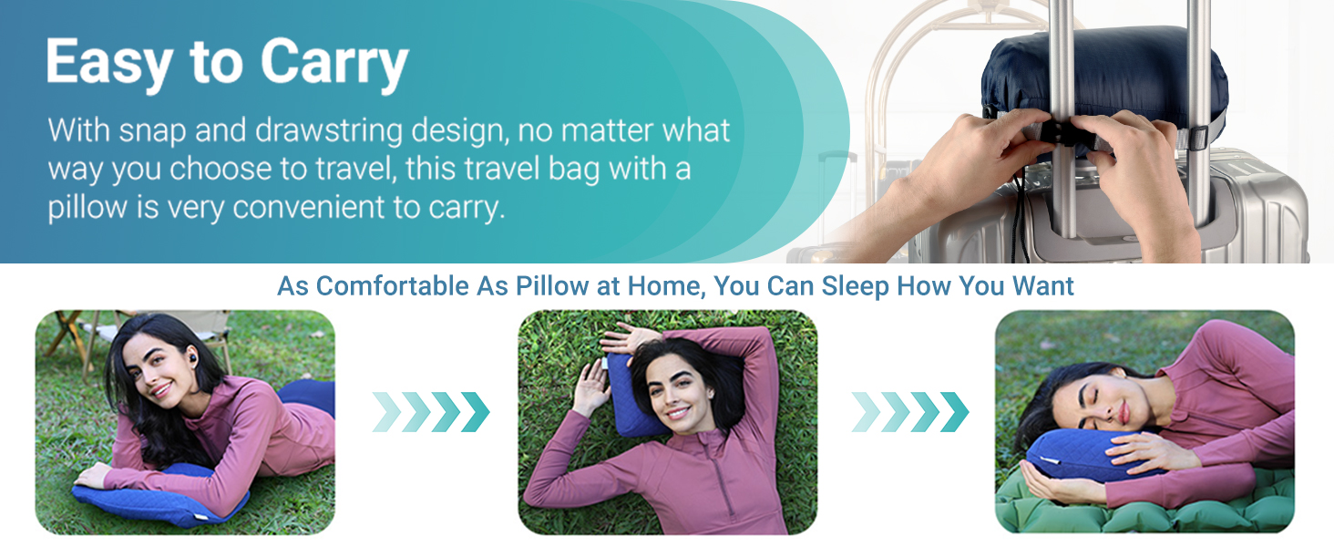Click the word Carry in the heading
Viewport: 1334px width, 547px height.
coord(333,64)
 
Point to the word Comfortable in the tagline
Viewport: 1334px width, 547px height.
coord(394,286)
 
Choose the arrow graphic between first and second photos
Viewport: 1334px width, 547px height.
coord(431,412)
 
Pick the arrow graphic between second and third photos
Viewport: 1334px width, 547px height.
coord(909,412)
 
